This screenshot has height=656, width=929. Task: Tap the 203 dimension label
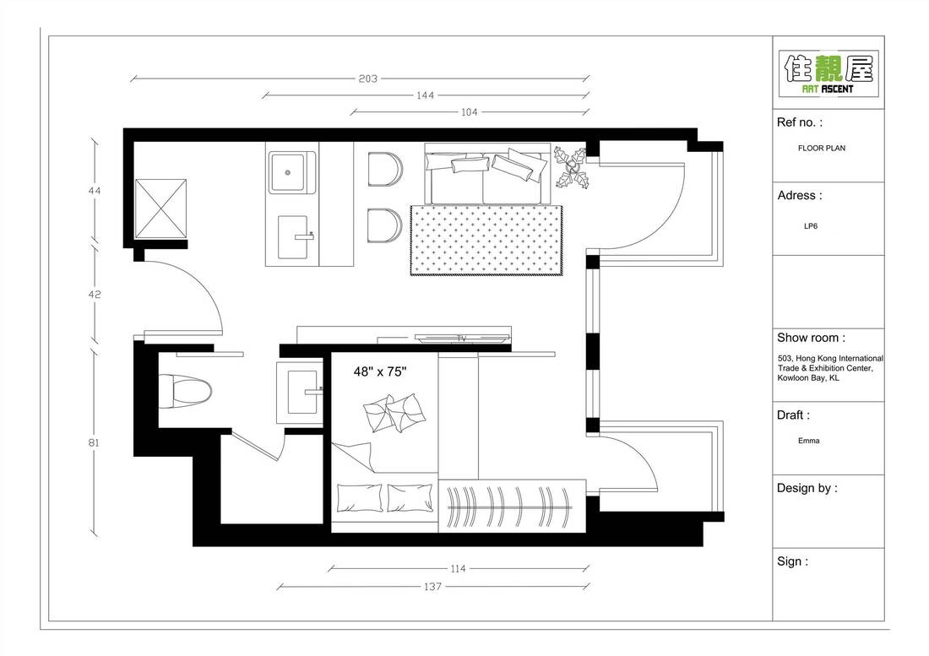click(367, 79)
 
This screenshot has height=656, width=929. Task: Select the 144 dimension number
click(425, 95)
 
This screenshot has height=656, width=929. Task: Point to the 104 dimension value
click(470, 111)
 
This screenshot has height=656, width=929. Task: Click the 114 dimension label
click(458, 568)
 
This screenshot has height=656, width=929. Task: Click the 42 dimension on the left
click(95, 295)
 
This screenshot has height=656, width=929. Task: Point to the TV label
click(462, 339)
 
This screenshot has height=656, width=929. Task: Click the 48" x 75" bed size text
click(381, 371)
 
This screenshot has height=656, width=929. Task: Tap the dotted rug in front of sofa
click(487, 240)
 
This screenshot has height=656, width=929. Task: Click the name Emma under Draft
click(808, 441)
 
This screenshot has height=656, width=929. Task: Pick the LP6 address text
click(810, 226)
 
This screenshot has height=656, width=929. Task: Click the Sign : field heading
click(792, 561)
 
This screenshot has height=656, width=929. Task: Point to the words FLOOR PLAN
click(821, 148)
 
